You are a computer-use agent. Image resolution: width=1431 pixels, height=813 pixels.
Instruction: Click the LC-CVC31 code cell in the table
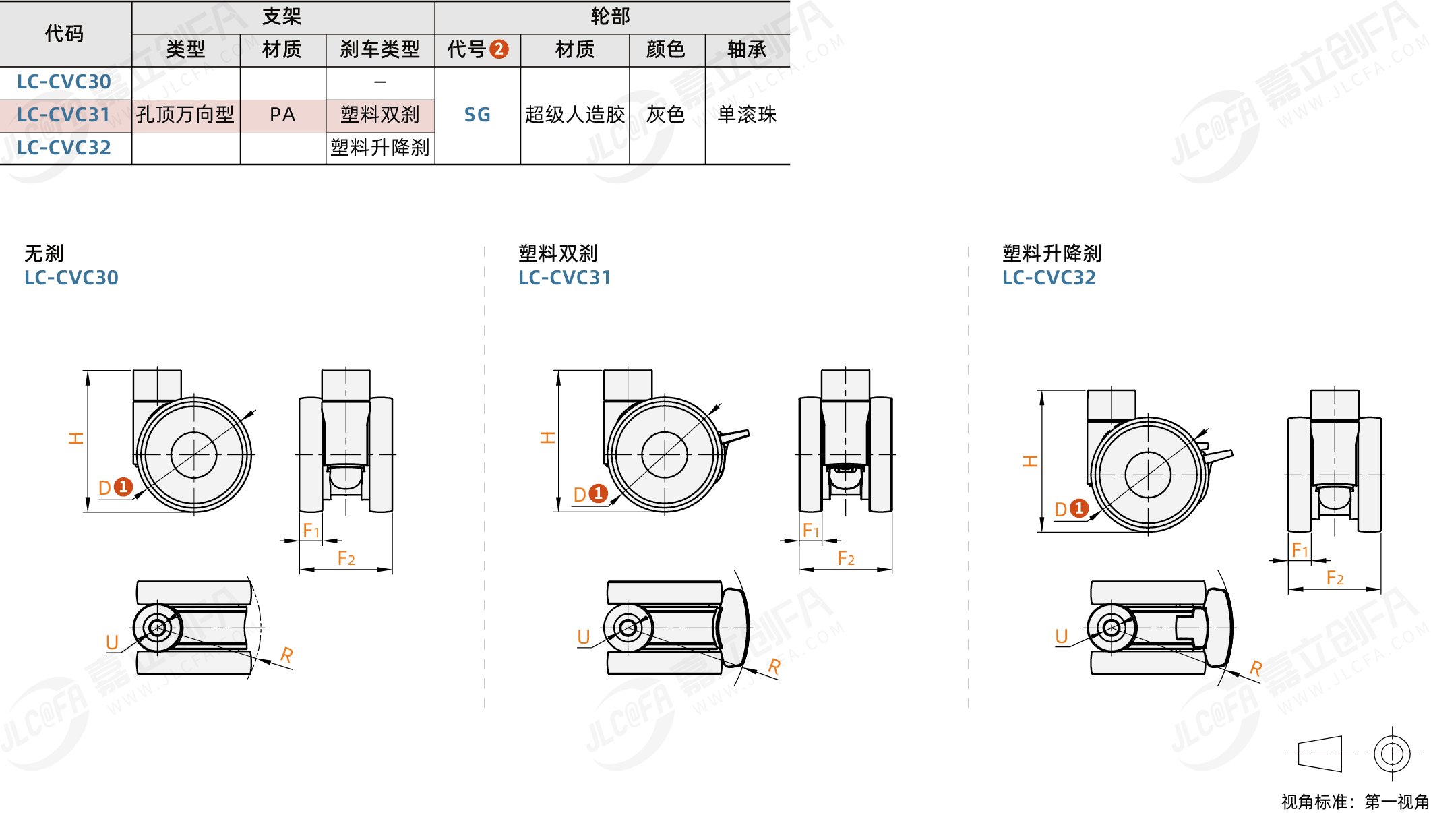coord(63,115)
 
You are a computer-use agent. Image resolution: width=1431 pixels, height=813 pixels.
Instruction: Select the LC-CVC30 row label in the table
coord(63,82)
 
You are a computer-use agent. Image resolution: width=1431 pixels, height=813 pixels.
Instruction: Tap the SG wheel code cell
coord(477,115)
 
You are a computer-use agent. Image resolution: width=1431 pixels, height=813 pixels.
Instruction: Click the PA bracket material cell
coord(282,115)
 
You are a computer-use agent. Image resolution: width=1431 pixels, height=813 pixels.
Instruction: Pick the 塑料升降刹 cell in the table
coord(380,148)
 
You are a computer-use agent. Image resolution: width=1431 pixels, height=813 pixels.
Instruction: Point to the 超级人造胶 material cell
coord(575,115)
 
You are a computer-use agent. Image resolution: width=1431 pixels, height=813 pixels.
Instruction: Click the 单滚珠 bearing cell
coord(747,115)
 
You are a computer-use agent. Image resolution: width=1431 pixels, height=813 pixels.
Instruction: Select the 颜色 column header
coord(665,49)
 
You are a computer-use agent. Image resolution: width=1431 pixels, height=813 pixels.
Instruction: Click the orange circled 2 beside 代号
coord(499,49)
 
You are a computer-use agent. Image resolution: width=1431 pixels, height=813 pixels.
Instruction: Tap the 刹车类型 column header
coord(380,49)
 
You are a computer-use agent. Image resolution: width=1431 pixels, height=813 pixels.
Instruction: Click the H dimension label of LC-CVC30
coord(76,438)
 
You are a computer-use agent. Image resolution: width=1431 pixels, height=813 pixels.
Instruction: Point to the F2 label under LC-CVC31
coord(846,558)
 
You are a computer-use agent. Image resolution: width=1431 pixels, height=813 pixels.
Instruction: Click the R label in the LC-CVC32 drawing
coord(1255,668)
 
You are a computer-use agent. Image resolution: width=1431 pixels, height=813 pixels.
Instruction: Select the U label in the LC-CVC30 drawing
coord(112,642)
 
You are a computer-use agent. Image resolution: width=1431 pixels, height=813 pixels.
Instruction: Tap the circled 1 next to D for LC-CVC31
coord(598,493)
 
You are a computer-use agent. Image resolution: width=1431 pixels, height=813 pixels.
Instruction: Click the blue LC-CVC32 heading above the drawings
coord(1049,278)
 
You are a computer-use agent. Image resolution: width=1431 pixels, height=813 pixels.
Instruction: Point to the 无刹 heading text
coord(44,253)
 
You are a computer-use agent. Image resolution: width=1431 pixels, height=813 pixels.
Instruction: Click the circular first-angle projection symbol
coord(1392,754)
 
